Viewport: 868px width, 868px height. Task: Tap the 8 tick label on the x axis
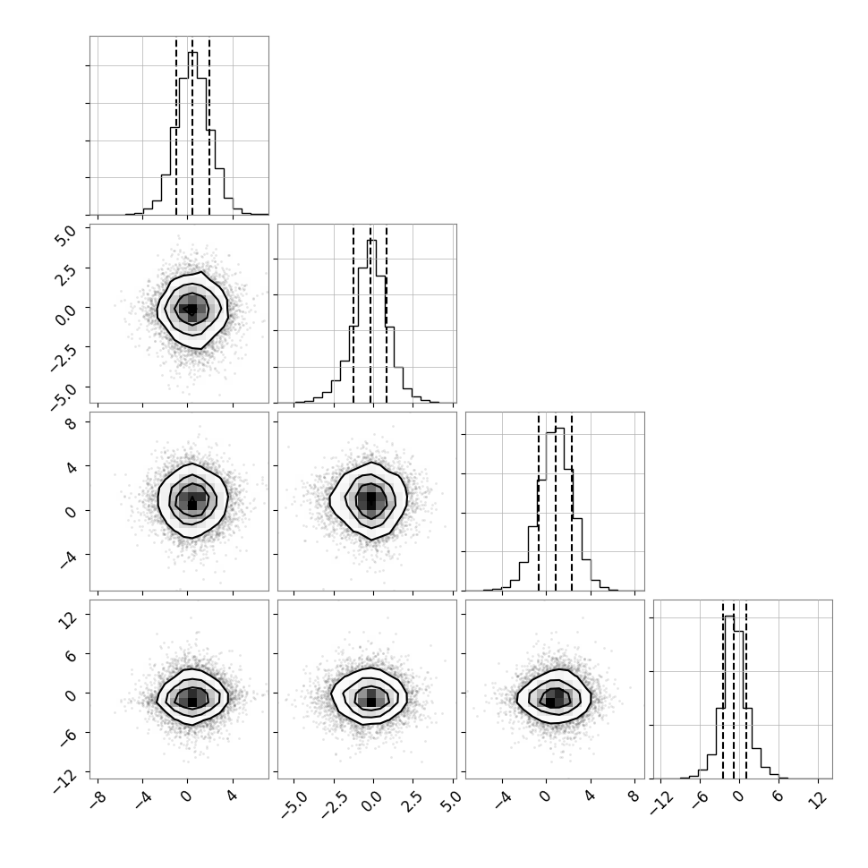[634, 796]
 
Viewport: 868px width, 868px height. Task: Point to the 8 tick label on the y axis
[71, 424]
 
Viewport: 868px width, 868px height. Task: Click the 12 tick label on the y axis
[67, 620]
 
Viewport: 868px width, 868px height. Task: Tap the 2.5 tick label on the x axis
[412, 801]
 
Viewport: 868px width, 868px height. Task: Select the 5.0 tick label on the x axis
[451, 801]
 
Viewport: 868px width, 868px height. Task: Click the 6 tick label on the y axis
[71, 655]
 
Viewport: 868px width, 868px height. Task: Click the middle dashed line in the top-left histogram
[192, 126]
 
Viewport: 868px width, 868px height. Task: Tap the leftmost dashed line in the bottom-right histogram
[723, 690]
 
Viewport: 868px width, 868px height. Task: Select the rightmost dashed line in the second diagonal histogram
[387, 314]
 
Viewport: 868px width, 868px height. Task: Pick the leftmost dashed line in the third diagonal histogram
[538, 501]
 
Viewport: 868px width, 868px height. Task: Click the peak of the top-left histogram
[192, 52]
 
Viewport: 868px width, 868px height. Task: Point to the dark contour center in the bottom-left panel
[192, 702]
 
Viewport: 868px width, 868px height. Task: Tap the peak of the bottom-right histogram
[729, 616]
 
